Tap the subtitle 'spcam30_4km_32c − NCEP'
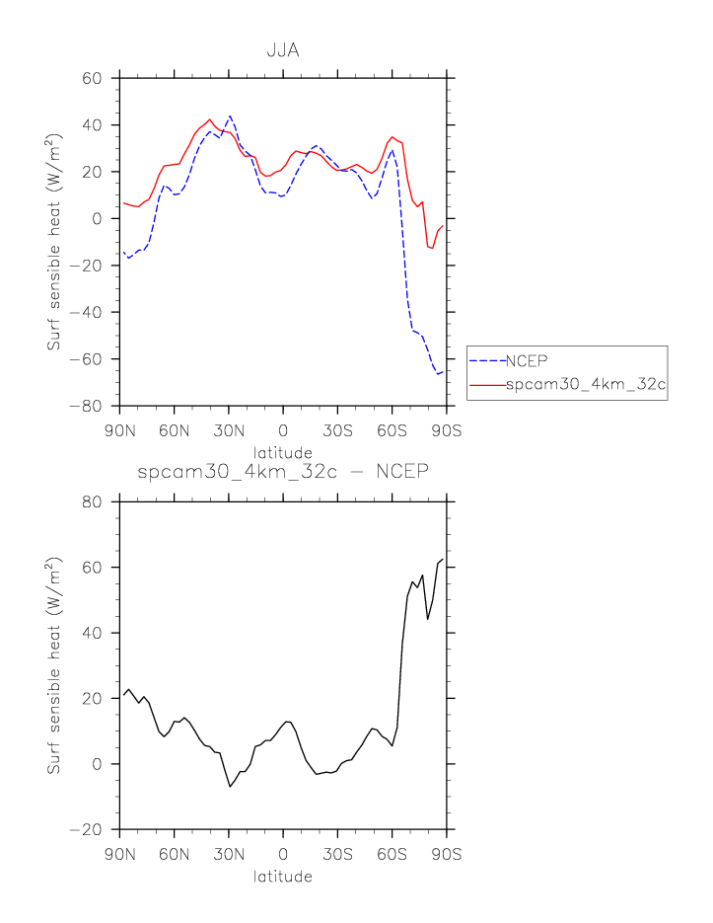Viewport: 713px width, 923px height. pos(283,471)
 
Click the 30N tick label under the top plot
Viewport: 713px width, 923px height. pos(228,429)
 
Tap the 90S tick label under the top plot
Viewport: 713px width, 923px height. pos(447,429)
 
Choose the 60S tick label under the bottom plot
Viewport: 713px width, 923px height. pos(392,854)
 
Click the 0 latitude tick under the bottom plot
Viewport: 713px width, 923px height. pos(283,854)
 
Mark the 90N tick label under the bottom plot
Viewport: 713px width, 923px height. pos(119,854)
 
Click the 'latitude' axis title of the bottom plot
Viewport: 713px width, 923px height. pos(283,877)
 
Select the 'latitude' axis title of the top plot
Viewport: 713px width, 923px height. pos(283,451)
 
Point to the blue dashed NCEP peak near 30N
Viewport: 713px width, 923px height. pos(230,115)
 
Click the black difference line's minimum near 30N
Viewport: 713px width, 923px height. pos(230,786)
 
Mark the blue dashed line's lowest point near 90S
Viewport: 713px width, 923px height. pos(437,374)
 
